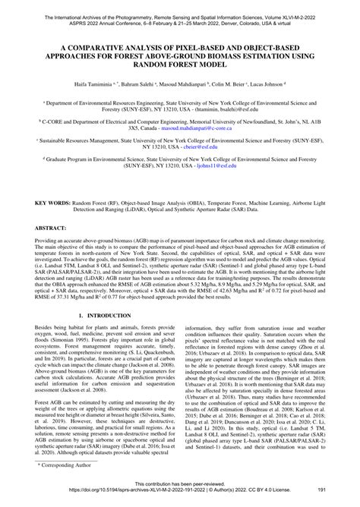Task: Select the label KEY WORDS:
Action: pyautogui.click(x=49, y=204)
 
